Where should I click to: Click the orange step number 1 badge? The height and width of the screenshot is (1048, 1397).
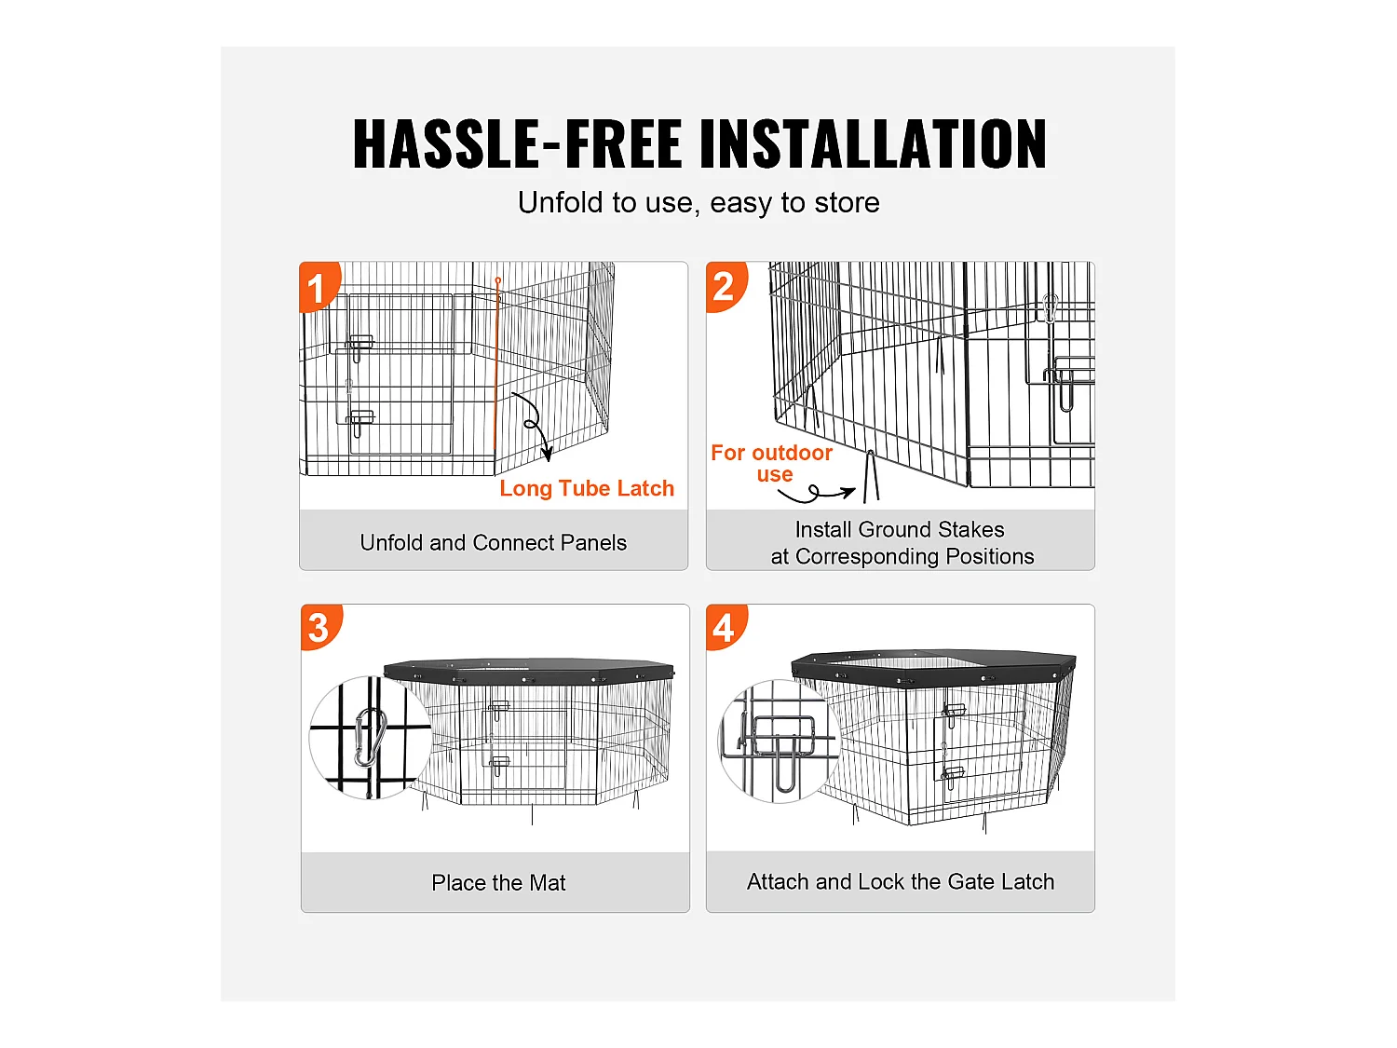[x=319, y=286]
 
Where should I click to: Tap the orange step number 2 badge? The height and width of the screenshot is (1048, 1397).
[x=726, y=286]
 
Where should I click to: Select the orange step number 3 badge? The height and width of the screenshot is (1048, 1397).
[x=320, y=627]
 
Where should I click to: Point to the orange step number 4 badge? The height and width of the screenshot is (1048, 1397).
[x=726, y=627]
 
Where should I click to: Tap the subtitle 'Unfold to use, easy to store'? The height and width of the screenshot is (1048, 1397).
[x=698, y=202]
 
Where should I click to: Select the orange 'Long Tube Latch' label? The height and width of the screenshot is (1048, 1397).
[x=586, y=488]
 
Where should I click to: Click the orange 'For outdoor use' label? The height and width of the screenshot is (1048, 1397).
[x=772, y=463]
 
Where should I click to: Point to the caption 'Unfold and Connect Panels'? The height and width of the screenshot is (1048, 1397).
[x=494, y=542]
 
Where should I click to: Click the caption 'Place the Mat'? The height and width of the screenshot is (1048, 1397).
[x=497, y=882]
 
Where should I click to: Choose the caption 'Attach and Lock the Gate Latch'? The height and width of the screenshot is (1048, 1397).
[x=900, y=881]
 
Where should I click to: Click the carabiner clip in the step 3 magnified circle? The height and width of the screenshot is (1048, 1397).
[x=371, y=738]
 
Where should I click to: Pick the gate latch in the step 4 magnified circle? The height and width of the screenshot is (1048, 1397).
[x=783, y=744]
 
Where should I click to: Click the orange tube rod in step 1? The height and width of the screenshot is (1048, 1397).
[x=496, y=362]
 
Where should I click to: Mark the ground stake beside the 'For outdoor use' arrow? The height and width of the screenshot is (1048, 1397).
[x=871, y=476]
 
